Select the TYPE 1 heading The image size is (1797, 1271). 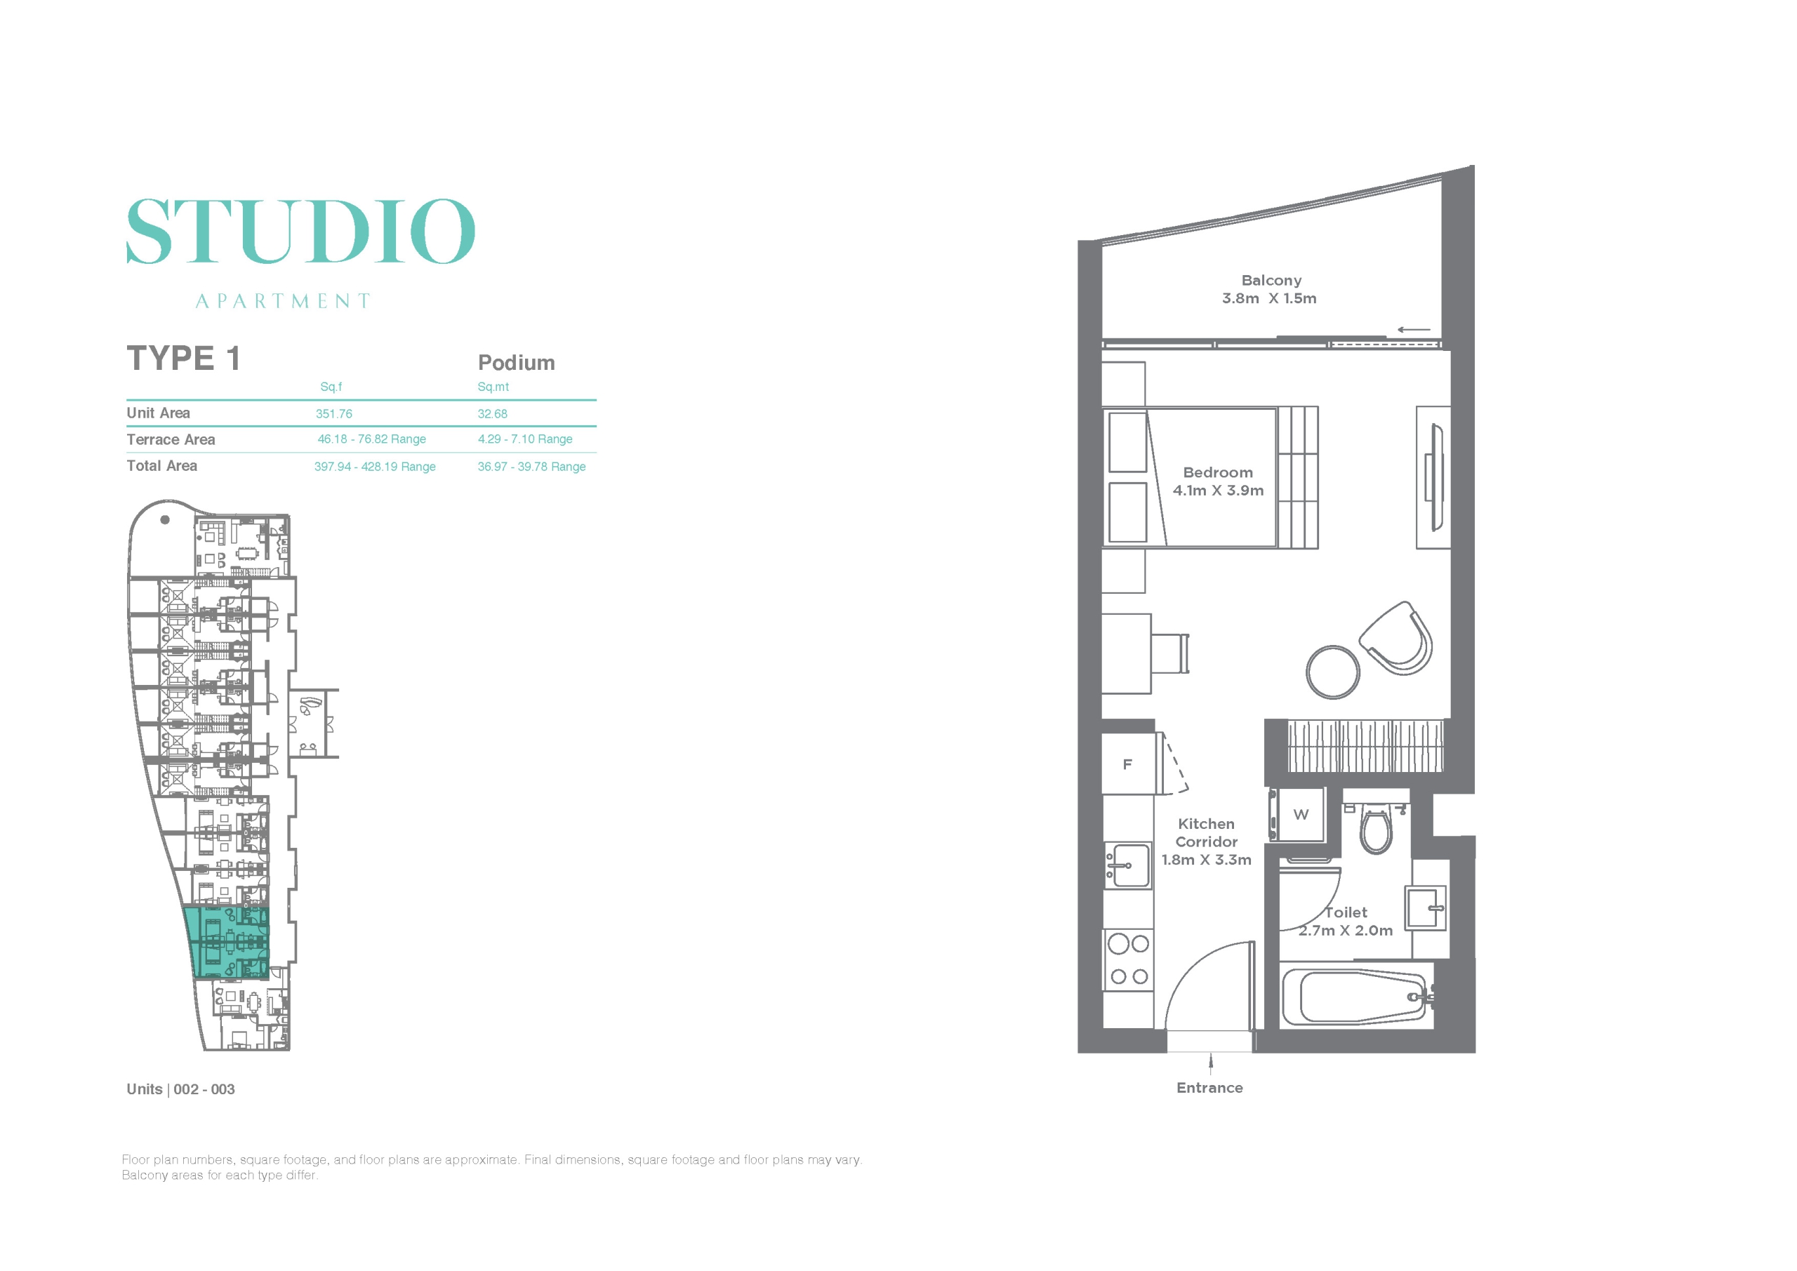tap(183, 359)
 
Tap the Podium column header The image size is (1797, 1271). tap(517, 362)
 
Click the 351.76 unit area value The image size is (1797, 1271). tap(334, 414)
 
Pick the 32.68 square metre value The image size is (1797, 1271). tap(492, 414)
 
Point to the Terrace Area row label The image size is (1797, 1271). tap(171, 440)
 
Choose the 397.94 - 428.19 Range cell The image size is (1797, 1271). tap(375, 467)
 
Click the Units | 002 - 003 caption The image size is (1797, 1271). tap(181, 1089)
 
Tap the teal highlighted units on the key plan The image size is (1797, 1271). tap(227, 943)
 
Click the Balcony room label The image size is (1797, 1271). tap(1271, 280)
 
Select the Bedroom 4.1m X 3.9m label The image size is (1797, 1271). tap(1218, 481)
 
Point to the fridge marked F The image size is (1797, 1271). tap(1128, 764)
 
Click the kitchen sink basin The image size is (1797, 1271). tap(1128, 865)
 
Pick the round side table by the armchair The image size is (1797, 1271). tap(1333, 672)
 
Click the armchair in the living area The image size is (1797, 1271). tap(1395, 639)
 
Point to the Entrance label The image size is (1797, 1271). tap(1209, 1088)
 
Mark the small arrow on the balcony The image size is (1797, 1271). tap(1414, 329)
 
